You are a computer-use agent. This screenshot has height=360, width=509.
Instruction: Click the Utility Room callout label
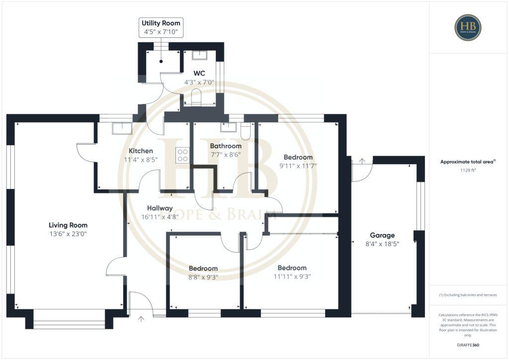coord(161,23)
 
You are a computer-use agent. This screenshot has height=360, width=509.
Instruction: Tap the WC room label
coord(199,73)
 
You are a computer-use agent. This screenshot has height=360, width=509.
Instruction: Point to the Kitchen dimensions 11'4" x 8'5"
coord(141,160)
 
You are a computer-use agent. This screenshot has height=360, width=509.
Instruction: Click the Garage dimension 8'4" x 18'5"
coord(382,244)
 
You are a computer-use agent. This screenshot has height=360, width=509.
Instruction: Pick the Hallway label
coord(160,208)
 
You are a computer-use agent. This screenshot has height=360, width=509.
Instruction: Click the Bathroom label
coord(226,146)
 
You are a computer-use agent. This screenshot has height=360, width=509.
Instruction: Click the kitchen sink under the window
coord(122,128)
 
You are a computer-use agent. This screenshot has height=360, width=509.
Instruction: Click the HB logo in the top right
coord(467,27)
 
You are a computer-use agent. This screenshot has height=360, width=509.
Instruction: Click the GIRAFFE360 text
coord(468,345)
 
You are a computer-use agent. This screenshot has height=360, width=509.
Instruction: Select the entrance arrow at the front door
coord(142,318)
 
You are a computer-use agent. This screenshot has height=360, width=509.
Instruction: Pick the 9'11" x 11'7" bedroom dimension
coord(298,166)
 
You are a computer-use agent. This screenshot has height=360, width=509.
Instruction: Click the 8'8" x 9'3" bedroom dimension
coord(203,277)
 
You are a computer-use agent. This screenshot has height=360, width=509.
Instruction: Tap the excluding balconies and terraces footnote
coord(468,295)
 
